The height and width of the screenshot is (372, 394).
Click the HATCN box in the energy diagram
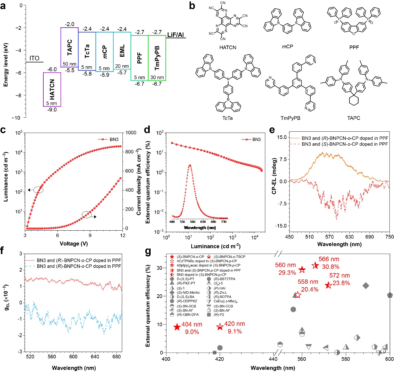[x=52, y=90]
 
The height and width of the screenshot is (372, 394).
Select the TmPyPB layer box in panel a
[x=157, y=58]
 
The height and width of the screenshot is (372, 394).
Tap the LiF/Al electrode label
[x=176, y=35]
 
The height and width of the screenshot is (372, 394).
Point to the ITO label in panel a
[x=34, y=58]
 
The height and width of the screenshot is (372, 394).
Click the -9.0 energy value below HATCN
[x=52, y=110]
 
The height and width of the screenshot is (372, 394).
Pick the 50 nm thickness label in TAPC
[x=69, y=64]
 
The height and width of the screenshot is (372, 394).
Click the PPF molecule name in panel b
[x=354, y=47]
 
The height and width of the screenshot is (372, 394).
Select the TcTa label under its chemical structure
[x=227, y=118]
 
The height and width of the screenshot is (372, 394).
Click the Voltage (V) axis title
[x=74, y=243]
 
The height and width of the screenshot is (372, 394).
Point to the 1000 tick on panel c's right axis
[x=131, y=133]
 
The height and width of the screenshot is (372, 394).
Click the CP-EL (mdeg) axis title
[x=275, y=176]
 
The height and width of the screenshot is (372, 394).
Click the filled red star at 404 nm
[x=177, y=327]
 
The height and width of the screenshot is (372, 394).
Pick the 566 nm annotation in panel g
[x=329, y=259]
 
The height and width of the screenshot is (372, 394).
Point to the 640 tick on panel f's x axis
[x=95, y=357]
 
